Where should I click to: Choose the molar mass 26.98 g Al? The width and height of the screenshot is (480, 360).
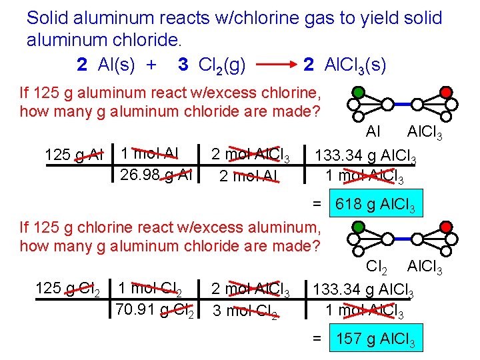[156, 175]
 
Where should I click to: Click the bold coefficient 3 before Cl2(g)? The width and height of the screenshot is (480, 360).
[183, 65]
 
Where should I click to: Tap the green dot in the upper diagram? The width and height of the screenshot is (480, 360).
[358, 92]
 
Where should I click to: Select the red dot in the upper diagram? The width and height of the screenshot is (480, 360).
[446, 92]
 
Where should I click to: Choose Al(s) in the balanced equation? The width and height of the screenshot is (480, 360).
[117, 65]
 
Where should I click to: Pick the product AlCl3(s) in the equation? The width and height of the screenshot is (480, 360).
[354, 65]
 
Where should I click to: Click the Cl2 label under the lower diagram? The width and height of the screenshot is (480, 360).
[379, 267]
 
